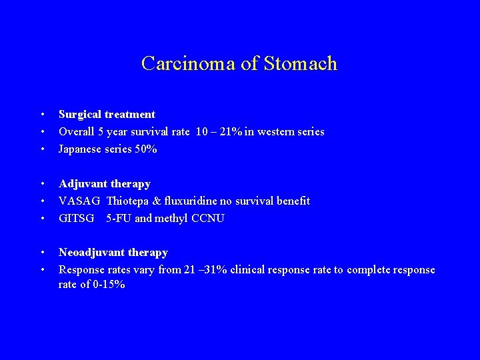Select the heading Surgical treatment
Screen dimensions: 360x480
point(107,115)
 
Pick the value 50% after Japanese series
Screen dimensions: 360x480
point(145,149)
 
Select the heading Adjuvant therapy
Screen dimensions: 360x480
point(105,183)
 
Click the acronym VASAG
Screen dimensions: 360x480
point(80,201)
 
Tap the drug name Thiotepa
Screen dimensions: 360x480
point(129,201)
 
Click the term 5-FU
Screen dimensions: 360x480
point(118,218)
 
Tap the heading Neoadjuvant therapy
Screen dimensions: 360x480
point(113,253)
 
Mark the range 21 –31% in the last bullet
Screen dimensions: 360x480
point(207,270)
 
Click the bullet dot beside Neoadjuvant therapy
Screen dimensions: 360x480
point(42,253)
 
